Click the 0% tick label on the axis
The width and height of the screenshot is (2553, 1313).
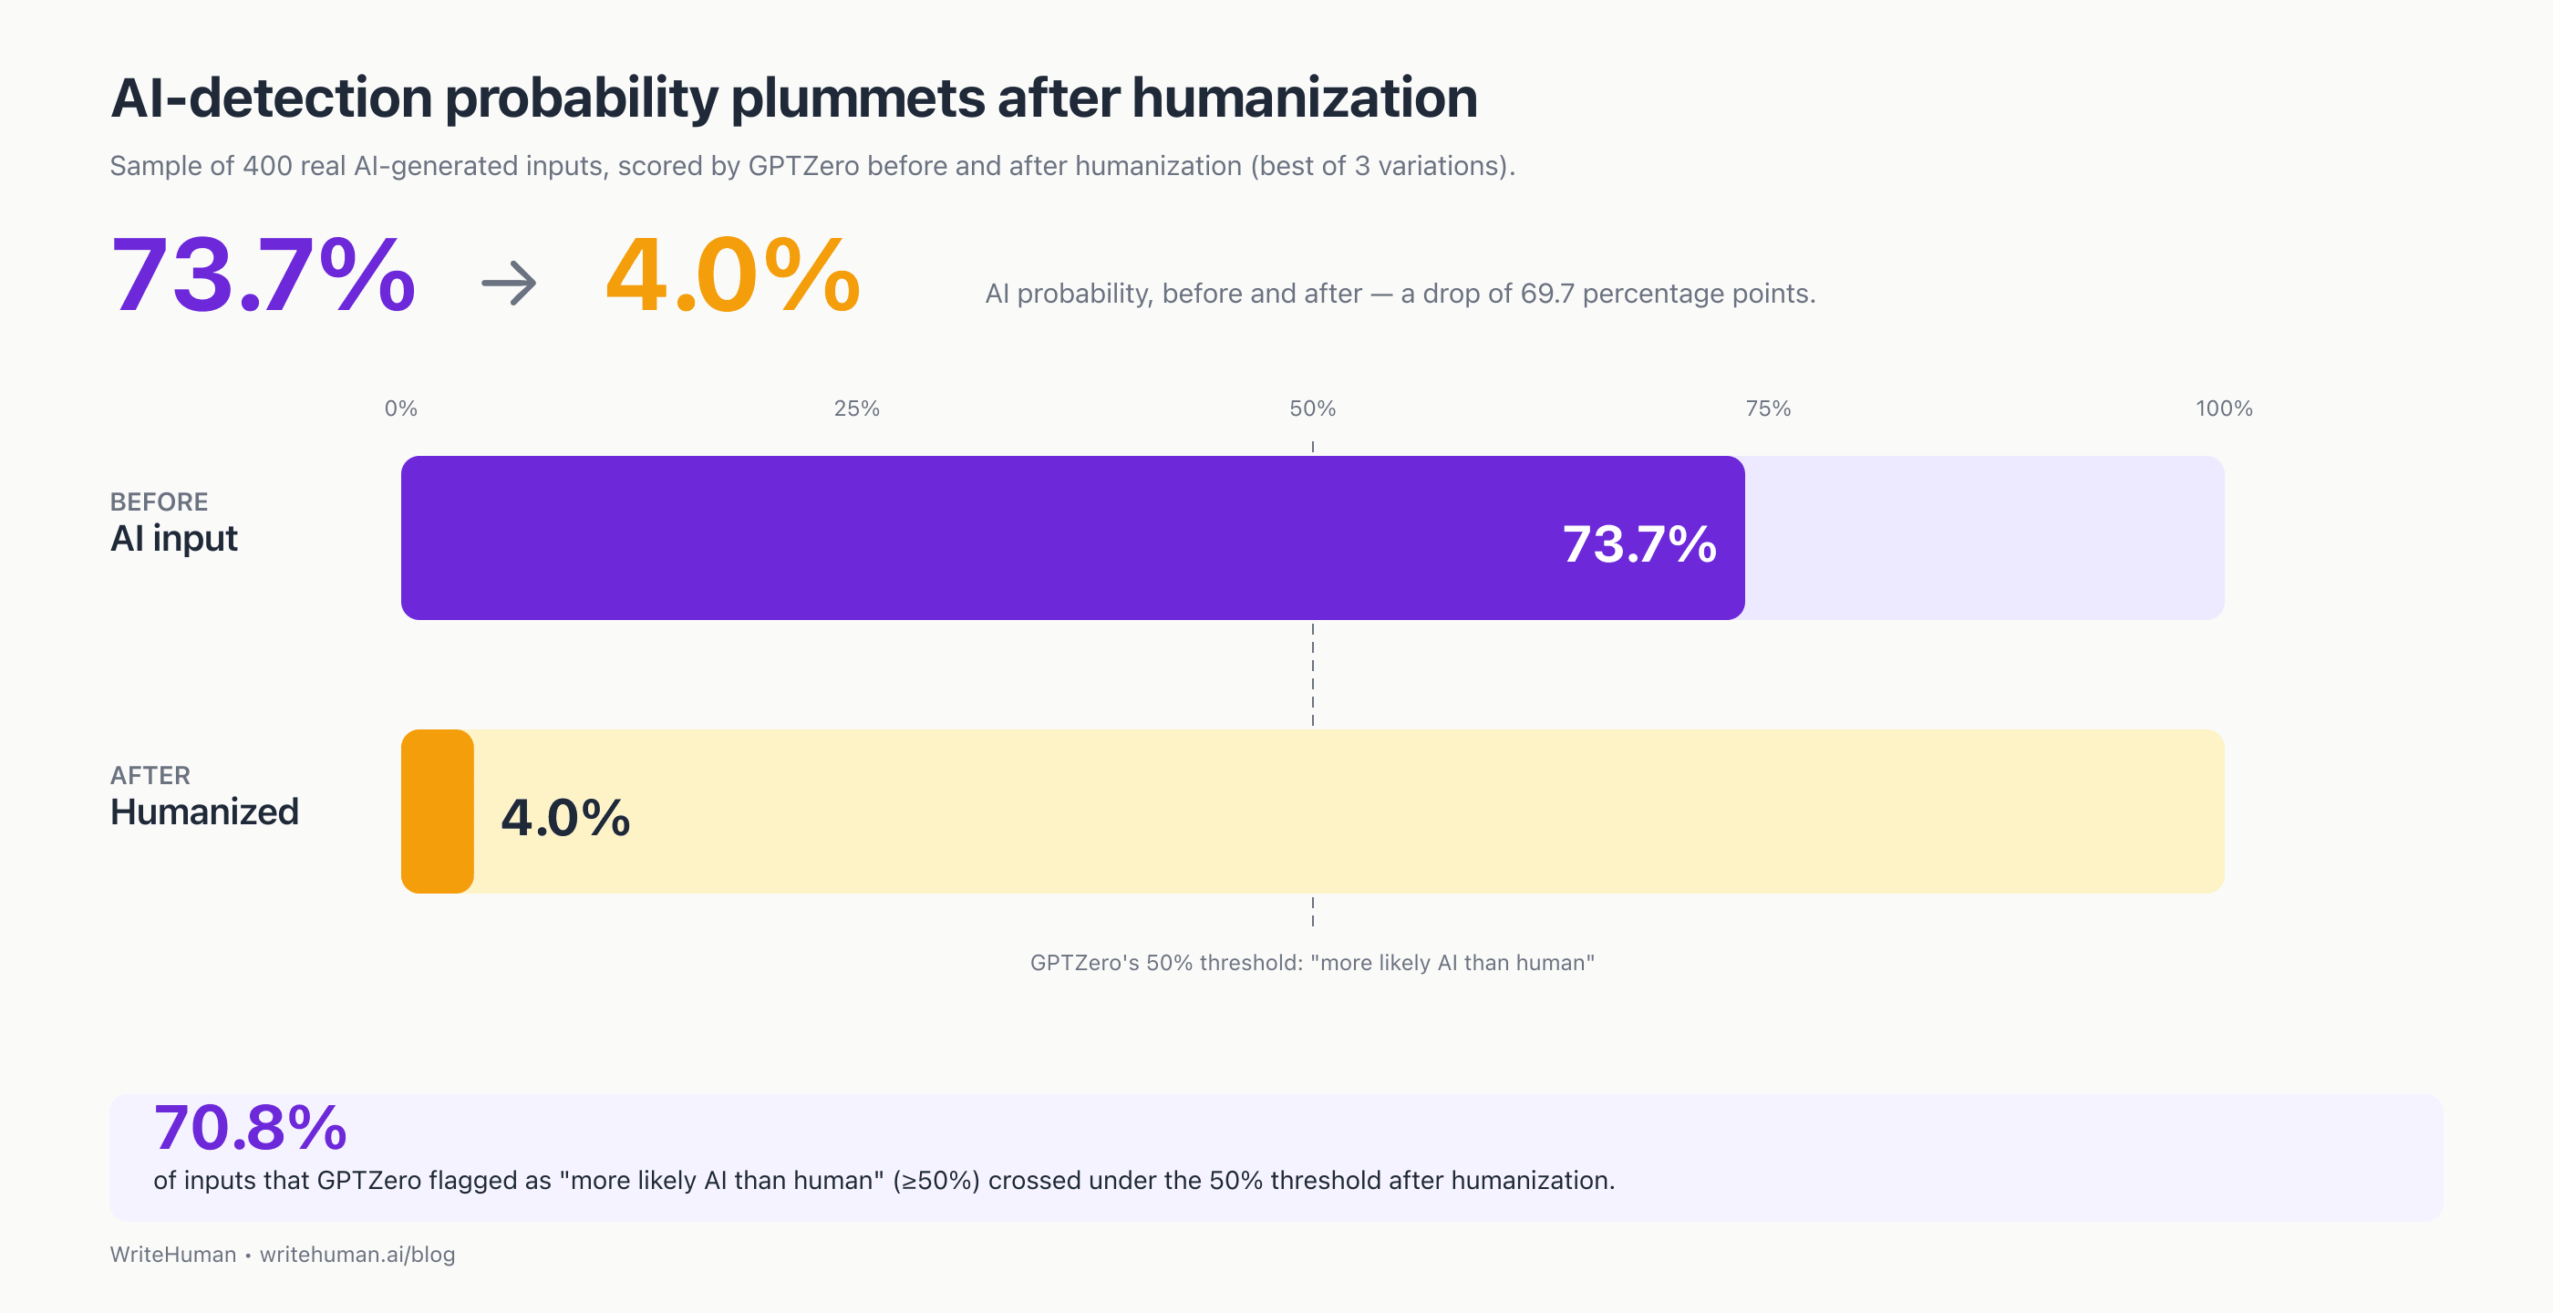[400, 408]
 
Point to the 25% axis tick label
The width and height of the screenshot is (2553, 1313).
[856, 408]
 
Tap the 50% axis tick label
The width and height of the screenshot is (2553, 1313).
[1312, 408]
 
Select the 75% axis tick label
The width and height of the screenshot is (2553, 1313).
[1768, 408]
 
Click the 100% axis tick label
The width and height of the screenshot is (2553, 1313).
[2223, 408]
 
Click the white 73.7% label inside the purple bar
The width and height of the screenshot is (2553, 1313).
[1639, 544]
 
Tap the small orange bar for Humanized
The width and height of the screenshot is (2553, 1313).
[437, 812]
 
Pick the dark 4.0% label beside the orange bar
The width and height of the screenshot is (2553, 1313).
[565, 818]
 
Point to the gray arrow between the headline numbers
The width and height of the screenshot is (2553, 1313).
[510, 284]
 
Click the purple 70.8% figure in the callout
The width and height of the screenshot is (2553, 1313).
[250, 1128]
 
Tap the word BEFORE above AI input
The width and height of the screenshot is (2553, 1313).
[159, 501]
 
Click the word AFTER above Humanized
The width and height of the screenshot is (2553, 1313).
[150, 775]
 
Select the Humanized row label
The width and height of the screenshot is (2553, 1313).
[204, 812]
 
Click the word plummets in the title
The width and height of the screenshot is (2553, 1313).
[857, 99]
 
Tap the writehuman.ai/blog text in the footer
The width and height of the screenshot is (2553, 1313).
[357, 1255]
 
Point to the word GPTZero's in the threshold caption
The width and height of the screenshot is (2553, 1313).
[1084, 962]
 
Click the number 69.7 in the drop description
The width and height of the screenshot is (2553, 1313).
[1547, 294]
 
